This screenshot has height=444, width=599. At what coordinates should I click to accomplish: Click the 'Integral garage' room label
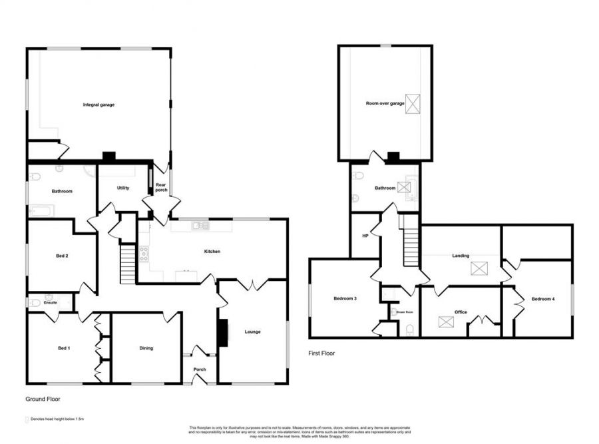(99, 105)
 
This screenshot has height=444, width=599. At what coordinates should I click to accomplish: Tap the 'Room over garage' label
(385, 104)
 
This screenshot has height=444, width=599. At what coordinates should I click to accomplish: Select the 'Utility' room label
(123, 188)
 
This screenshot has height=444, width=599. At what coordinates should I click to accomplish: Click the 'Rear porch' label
(161, 188)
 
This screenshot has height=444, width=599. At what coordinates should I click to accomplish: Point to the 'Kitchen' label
(212, 252)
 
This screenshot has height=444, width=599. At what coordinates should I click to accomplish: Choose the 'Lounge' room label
(252, 332)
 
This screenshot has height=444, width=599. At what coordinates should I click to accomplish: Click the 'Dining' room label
(146, 347)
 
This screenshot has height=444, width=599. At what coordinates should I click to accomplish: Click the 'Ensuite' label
(50, 303)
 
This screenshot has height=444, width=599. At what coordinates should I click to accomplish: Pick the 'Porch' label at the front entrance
(199, 369)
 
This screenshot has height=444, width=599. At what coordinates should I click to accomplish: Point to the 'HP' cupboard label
(365, 235)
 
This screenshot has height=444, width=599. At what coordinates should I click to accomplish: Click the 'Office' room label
(461, 312)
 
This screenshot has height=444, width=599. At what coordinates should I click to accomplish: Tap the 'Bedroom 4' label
(544, 299)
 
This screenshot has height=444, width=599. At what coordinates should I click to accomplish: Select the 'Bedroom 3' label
(345, 299)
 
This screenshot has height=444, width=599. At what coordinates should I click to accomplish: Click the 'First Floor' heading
(321, 353)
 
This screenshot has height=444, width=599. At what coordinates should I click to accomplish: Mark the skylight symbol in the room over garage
(413, 104)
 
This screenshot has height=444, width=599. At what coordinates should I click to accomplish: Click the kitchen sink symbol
(200, 226)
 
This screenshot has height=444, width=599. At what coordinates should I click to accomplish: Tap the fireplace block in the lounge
(222, 332)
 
